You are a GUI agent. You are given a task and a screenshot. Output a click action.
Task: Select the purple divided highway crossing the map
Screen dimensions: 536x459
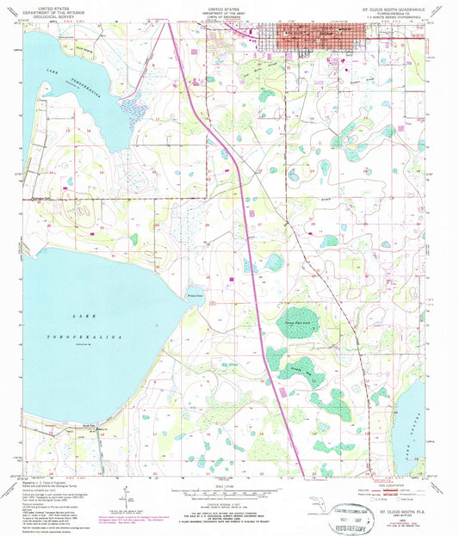[250, 258]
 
